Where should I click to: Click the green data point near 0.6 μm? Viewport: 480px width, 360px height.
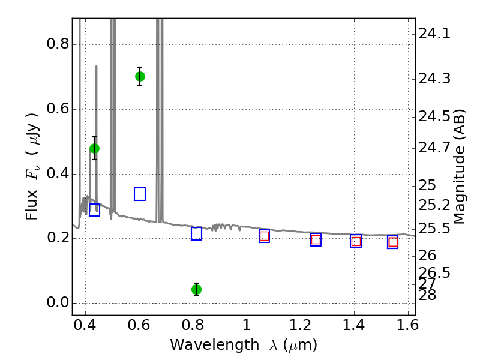pos(140,76)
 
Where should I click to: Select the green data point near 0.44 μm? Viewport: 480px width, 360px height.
pos(94,148)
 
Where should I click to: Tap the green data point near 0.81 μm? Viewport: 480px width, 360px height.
pos(196,289)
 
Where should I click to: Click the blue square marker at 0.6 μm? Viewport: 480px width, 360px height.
pos(140,194)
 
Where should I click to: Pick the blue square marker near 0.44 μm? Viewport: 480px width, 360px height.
pos(94,209)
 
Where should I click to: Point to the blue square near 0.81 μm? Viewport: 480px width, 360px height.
pos(196,234)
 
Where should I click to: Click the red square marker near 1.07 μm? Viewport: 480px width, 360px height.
pos(264,236)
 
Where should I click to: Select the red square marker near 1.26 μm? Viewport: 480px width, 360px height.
pos(316,239)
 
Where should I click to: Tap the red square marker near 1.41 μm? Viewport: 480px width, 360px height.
pos(356,241)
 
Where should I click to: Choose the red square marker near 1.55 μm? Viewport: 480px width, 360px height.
pos(393,242)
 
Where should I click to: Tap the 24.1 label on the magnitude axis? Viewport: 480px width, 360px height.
pos(434,34)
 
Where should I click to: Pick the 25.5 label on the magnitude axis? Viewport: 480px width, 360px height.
pos(434,229)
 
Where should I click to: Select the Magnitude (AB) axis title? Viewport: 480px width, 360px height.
pos(460,166)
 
